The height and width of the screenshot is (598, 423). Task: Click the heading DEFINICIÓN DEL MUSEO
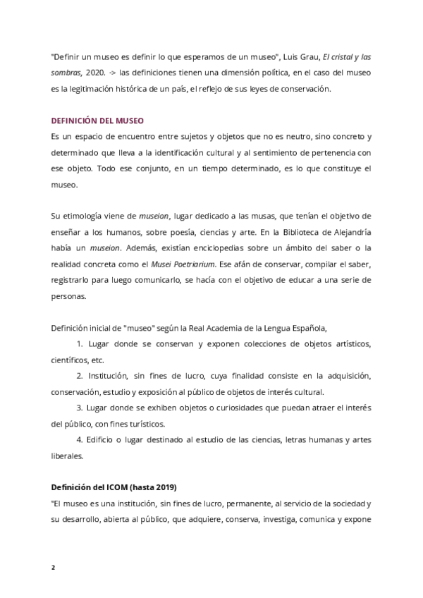point(97,121)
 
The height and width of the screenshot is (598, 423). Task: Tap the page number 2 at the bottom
point(52,567)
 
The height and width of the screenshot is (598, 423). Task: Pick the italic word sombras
point(66,72)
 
